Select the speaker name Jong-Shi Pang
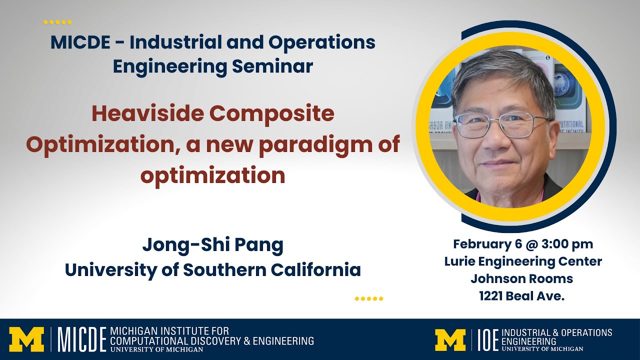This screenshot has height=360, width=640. [x=212, y=245]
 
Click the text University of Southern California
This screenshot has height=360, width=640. [x=212, y=270]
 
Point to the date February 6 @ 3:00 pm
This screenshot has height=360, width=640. [x=522, y=244]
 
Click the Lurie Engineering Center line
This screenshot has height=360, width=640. [x=522, y=261]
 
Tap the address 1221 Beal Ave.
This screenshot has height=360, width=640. [x=521, y=296]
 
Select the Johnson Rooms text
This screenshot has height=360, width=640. [x=521, y=278]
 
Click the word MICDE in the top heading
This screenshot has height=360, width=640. [x=80, y=43]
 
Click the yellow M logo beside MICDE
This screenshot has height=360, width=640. [x=26, y=339]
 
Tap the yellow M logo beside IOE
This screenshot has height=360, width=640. [x=450, y=339]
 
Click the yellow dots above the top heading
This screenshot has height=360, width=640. [x=57, y=22]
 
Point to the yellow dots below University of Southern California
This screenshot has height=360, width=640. [x=368, y=299]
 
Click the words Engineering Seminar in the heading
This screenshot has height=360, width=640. [x=212, y=66]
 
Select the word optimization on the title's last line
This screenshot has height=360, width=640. [x=212, y=175]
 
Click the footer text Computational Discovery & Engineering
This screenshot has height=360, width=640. [x=211, y=341]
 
